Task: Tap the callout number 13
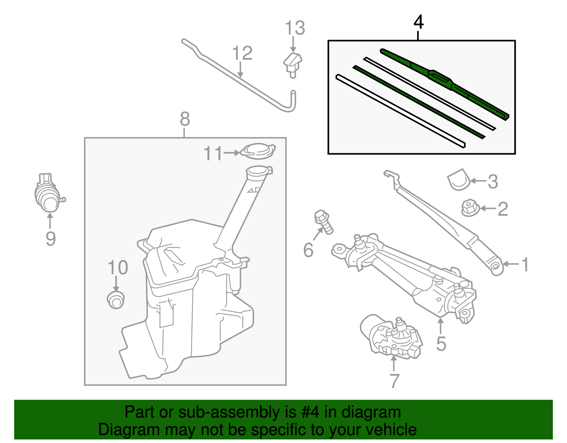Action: click(295, 28)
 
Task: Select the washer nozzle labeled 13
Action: click(293, 64)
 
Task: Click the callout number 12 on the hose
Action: click(242, 53)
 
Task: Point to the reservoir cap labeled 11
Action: click(258, 151)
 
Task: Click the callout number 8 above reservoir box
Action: click(185, 119)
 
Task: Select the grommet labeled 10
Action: click(116, 300)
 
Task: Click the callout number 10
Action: click(118, 268)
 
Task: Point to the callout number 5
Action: click(441, 343)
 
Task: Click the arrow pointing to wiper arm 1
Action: click(510, 264)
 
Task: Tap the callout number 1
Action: click(526, 265)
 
